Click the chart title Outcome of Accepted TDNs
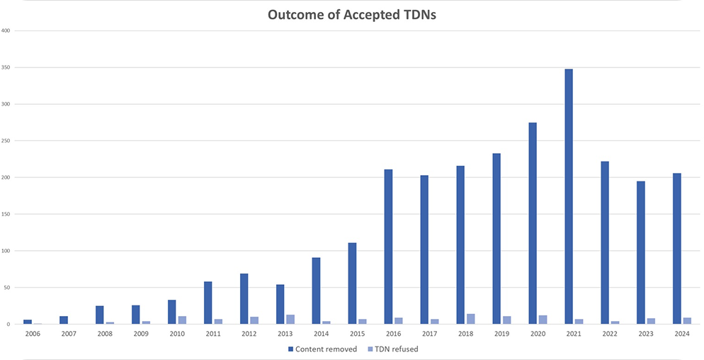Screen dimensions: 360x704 click(351, 16)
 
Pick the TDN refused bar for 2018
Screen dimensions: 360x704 click(470, 319)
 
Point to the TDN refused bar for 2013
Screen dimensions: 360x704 click(290, 320)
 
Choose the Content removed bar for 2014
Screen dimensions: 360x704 click(316, 291)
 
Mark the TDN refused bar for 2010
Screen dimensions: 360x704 click(182, 320)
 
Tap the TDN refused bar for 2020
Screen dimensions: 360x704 click(543, 320)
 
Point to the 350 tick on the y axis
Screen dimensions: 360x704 click(6, 68)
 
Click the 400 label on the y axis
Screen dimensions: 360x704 click(6, 31)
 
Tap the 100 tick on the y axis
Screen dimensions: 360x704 click(6, 251)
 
